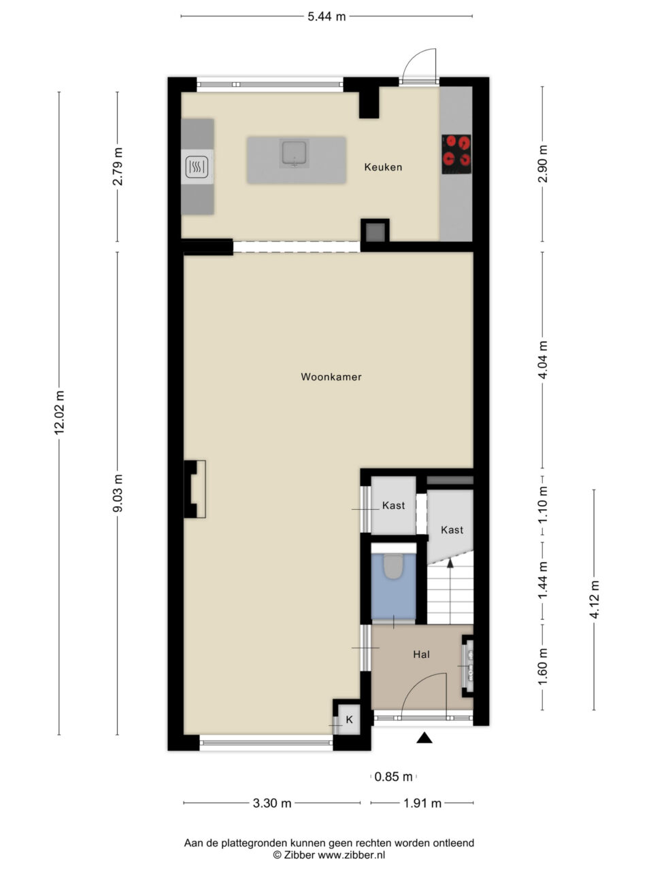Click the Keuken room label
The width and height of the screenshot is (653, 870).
(x=383, y=167)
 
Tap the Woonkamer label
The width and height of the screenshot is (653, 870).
(x=331, y=377)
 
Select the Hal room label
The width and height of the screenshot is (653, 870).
(x=421, y=654)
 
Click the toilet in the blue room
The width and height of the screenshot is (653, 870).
(x=393, y=566)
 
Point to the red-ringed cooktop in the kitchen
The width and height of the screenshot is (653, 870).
(x=456, y=154)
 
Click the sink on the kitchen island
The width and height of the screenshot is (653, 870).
(x=294, y=154)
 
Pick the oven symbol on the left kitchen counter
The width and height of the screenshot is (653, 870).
(x=197, y=167)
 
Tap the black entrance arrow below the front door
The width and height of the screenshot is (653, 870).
(x=424, y=737)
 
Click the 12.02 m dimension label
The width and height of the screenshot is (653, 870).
(x=59, y=413)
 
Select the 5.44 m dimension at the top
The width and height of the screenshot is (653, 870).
(x=326, y=16)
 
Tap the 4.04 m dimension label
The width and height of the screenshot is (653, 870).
(x=543, y=360)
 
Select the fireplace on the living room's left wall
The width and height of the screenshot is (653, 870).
(x=195, y=489)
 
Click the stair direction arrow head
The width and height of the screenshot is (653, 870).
(x=450, y=563)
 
